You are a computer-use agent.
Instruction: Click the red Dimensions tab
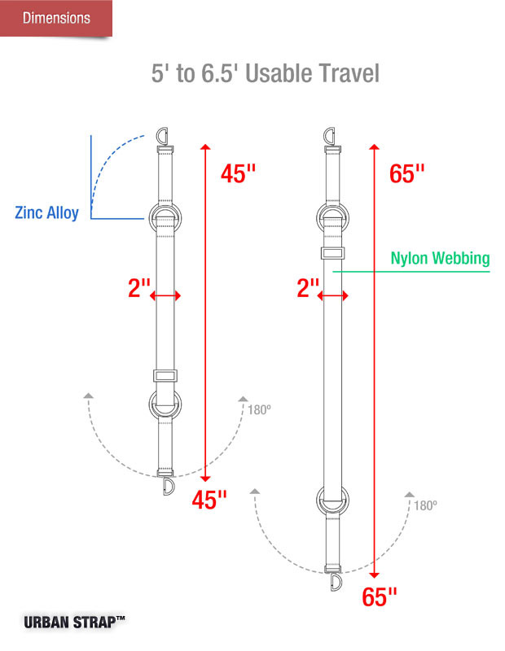pyautogui.click(x=56, y=18)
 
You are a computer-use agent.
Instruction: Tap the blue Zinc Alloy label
pyautogui.click(x=46, y=212)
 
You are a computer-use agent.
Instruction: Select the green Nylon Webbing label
pyautogui.click(x=440, y=258)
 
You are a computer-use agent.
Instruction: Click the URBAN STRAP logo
pyautogui.click(x=74, y=622)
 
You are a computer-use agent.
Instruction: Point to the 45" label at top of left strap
pyautogui.click(x=238, y=173)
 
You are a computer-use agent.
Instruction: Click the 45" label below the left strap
pyautogui.click(x=209, y=500)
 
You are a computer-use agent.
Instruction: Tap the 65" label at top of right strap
pyautogui.click(x=407, y=173)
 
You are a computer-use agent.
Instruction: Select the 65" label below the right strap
pyautogui.click(x=380, y=597)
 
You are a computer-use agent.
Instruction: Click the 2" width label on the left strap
pyautogui.click(x=138, y=288)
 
